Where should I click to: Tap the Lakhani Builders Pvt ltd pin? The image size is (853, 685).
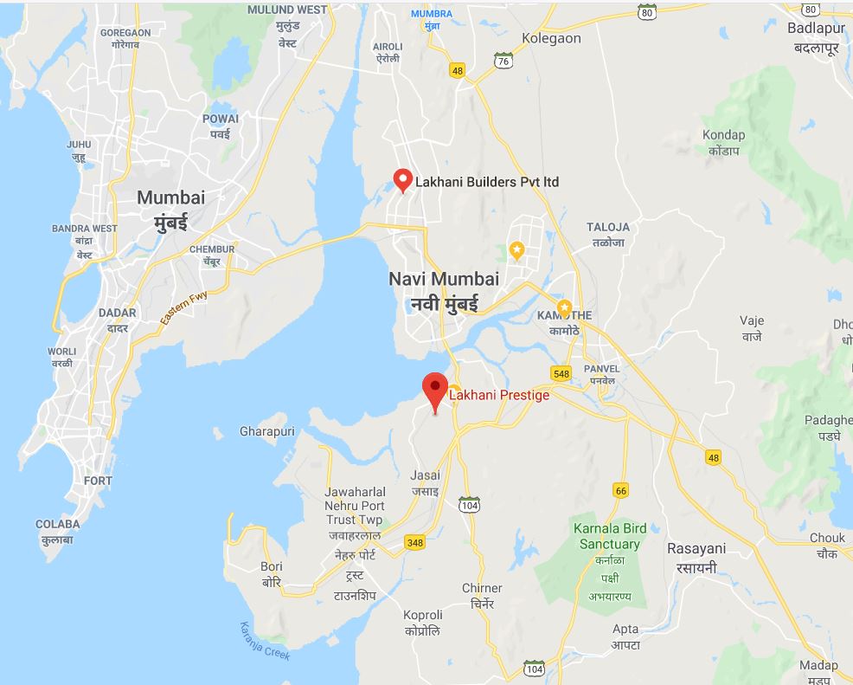[402, 179]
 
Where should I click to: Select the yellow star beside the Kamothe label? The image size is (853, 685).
[564, 307]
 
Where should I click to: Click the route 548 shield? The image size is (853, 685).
[561, 373]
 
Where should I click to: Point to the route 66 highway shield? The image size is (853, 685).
[620, 490]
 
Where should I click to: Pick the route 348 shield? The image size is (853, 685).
[414, 543]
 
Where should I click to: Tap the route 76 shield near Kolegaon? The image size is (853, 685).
[503, 60]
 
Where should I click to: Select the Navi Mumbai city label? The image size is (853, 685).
[444, 279]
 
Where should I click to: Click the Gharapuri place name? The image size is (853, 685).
[267, 431]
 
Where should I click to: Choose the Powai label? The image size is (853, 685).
[220, 119]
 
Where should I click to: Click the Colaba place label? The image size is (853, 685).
[57, 524]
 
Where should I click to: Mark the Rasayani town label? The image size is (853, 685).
[696, 548]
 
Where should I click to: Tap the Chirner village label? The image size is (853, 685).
[482, 588]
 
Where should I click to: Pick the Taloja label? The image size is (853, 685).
[607, 227]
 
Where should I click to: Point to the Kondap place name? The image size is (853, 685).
[723, 135]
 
